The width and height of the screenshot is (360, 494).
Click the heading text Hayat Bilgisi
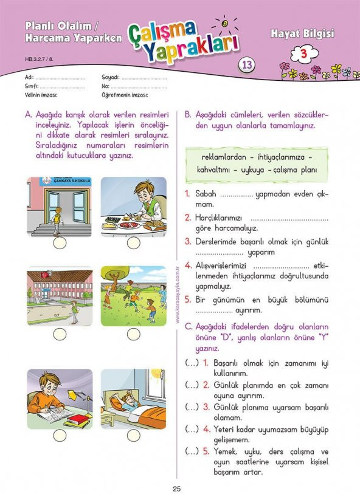pos(302,33)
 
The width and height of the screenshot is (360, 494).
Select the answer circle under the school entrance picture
pos(60,243)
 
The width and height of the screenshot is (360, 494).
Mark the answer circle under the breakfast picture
pos(133,243)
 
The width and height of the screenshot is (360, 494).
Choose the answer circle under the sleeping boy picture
pos(133,435)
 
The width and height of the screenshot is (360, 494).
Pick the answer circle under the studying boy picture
pos(60,435)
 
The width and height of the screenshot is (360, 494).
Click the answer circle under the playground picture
pos(133,334)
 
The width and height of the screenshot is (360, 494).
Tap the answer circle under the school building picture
pos(60,334)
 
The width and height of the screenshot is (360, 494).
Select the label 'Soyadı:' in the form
pos(111,78)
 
